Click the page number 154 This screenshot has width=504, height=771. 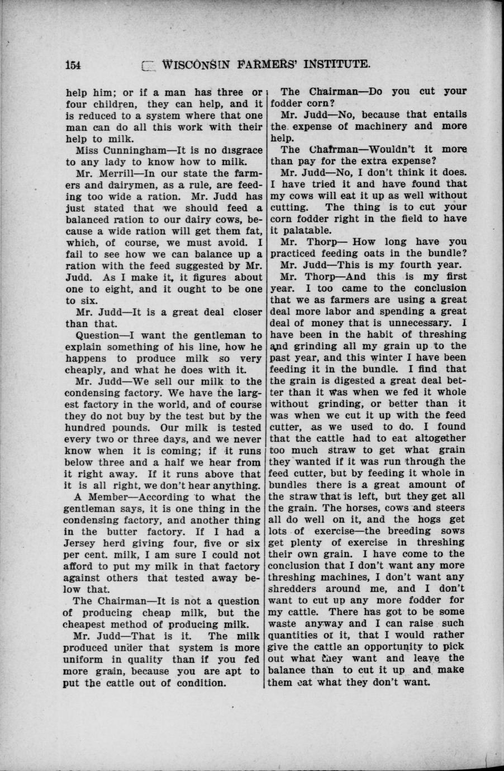tap(74, 64)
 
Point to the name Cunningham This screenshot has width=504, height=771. tap(126, 150)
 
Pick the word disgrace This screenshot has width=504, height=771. tap(237, 150)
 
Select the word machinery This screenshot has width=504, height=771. tap(375, 126)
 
